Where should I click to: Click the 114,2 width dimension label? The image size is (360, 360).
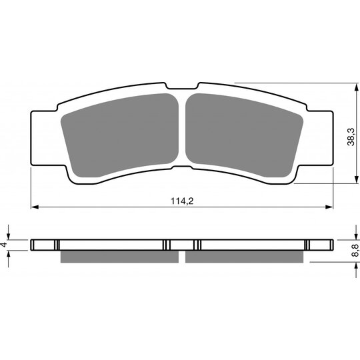click(x=182, y=201)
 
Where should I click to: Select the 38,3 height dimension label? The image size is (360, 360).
click(x=351, y=137)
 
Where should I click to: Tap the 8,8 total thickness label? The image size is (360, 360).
click(x=355, y=250)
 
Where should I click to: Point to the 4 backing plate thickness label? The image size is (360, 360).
click(x=4, y=245)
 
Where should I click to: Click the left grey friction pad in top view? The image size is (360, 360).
click(x=120, y=135)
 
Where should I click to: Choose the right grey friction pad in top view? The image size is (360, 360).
click(x=244, y=135)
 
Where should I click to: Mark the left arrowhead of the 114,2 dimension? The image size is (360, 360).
click(x=35, y=207)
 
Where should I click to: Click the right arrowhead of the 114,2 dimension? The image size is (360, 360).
click(x=329, y=207)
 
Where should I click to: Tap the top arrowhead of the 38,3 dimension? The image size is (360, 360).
click(x=356, y=87)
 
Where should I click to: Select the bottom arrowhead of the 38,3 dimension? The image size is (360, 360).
click(x=356, y=179)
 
